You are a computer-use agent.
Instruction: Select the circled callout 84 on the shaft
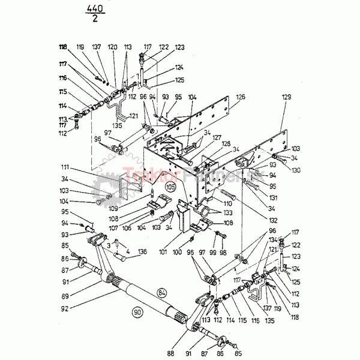point(161,292)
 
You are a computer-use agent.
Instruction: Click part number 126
point(240,97)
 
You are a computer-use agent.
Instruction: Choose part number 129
point(286,97)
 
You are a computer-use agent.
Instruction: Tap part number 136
point(142,251)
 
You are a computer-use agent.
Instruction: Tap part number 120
point(112,46)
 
